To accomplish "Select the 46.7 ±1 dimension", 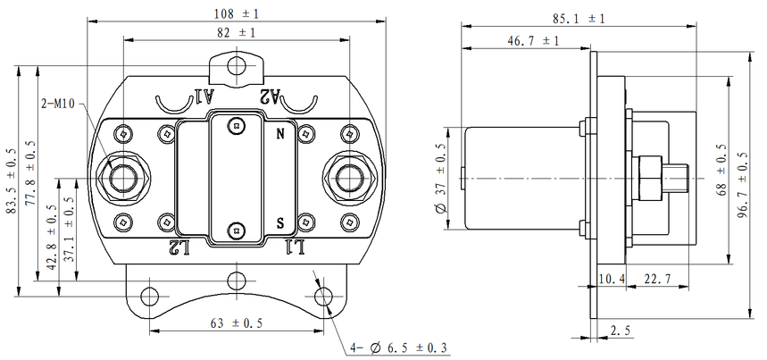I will click(x=533, y=41).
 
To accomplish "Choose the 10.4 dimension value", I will click(x=613, y=280).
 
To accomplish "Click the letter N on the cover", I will click(x=281, y=134).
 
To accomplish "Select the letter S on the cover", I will click(x=281, y=221).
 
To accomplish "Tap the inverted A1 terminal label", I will click(x=204, y=96).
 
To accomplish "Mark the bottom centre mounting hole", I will click(x=236, y=277).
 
